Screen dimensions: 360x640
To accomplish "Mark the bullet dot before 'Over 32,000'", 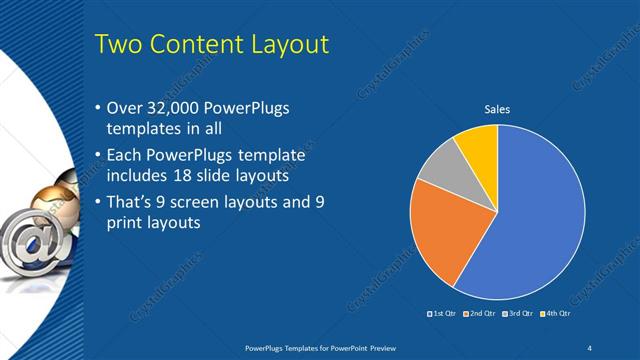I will [97, 108].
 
